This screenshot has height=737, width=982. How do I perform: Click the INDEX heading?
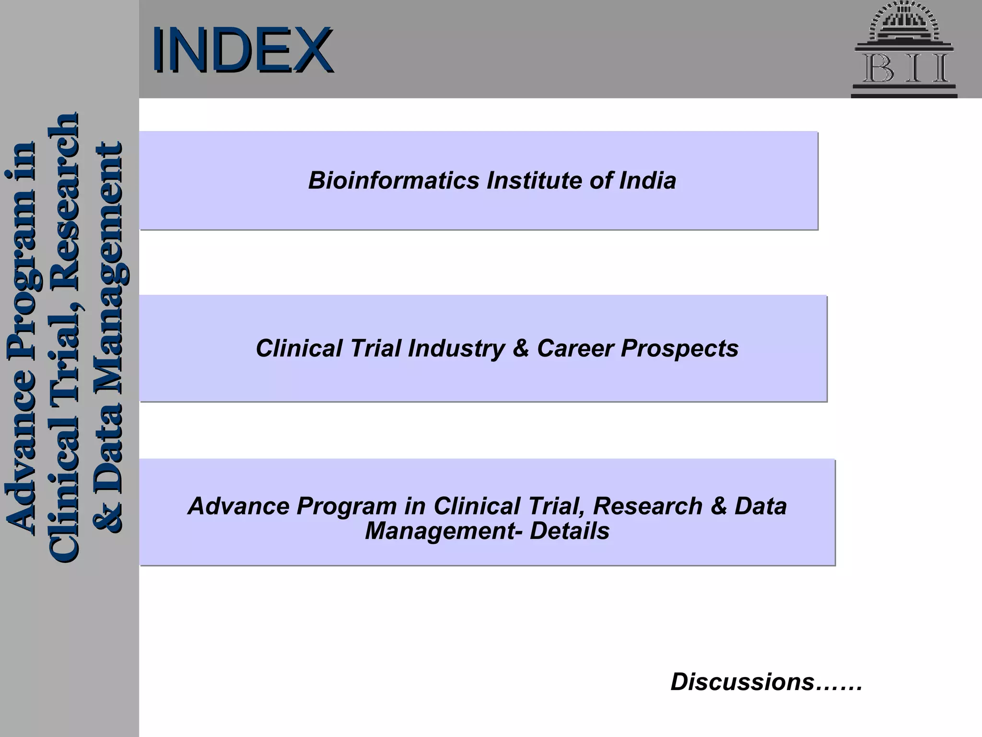[x=242, y=50]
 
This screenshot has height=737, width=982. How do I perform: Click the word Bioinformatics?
[x=394, y=181]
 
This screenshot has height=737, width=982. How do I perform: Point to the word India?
[x=648, y=181]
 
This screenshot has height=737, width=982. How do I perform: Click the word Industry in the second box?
[x=456, y=348]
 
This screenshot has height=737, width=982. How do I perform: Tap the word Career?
[x=575, y=348]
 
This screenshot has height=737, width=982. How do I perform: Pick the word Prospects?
[x=679, y=348]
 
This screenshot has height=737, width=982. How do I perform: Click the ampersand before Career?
[x=520, y=348]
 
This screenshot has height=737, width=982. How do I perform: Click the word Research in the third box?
[x=647, y=506]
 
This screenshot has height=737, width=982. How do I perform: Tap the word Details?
[x=569, y=531]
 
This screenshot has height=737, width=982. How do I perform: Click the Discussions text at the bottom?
[x=766, y=682]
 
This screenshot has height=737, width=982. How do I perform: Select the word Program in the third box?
[x=346, y=506]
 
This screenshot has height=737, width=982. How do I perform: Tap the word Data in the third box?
[x=760, y=506]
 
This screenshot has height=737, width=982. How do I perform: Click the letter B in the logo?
[x=879, y=69]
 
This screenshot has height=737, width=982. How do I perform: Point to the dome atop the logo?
[x=904, y=22]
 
